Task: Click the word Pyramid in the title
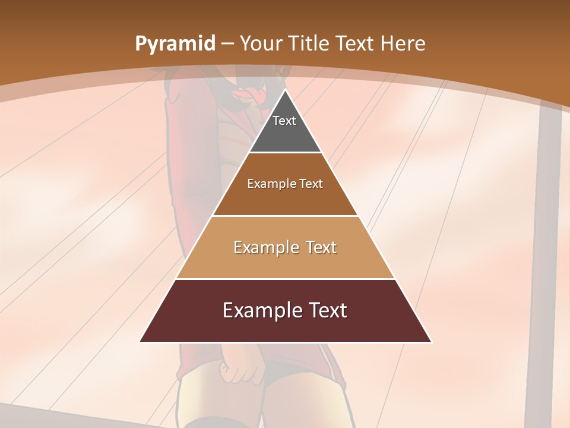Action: [175, 44]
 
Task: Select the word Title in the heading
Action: [309, 43]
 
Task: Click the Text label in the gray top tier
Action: [284, 121]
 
